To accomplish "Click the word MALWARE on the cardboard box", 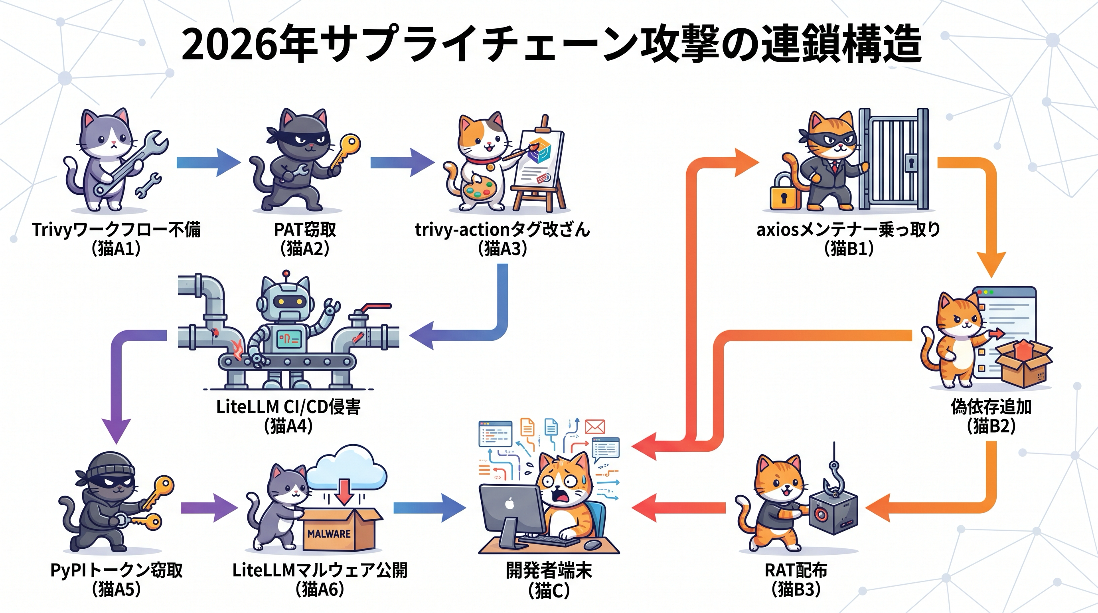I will pyautogui.click(x=329, y=533).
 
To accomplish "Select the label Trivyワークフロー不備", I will pyautogui.click(x=116, y=230).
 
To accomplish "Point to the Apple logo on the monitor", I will pyautogui.click(x=509, y=504).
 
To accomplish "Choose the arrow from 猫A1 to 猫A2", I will pyautogui.click(x=208, y=162).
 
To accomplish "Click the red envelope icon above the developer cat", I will pyautogui.click(x=595, y=426).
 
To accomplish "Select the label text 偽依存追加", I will pyautogui.click(x=991, y=407).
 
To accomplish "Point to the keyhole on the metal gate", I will pyautogui.click(x=911, y=162).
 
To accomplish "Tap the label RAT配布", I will pyautogui.click(x=796, y=570).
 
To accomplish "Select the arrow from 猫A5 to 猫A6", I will pyautogui.click(x=209, y=508).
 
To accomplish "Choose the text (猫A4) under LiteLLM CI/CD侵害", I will pyautogui.click(x=288, y=426).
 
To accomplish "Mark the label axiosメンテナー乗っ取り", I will pyautogui.click(x=848, y=230).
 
